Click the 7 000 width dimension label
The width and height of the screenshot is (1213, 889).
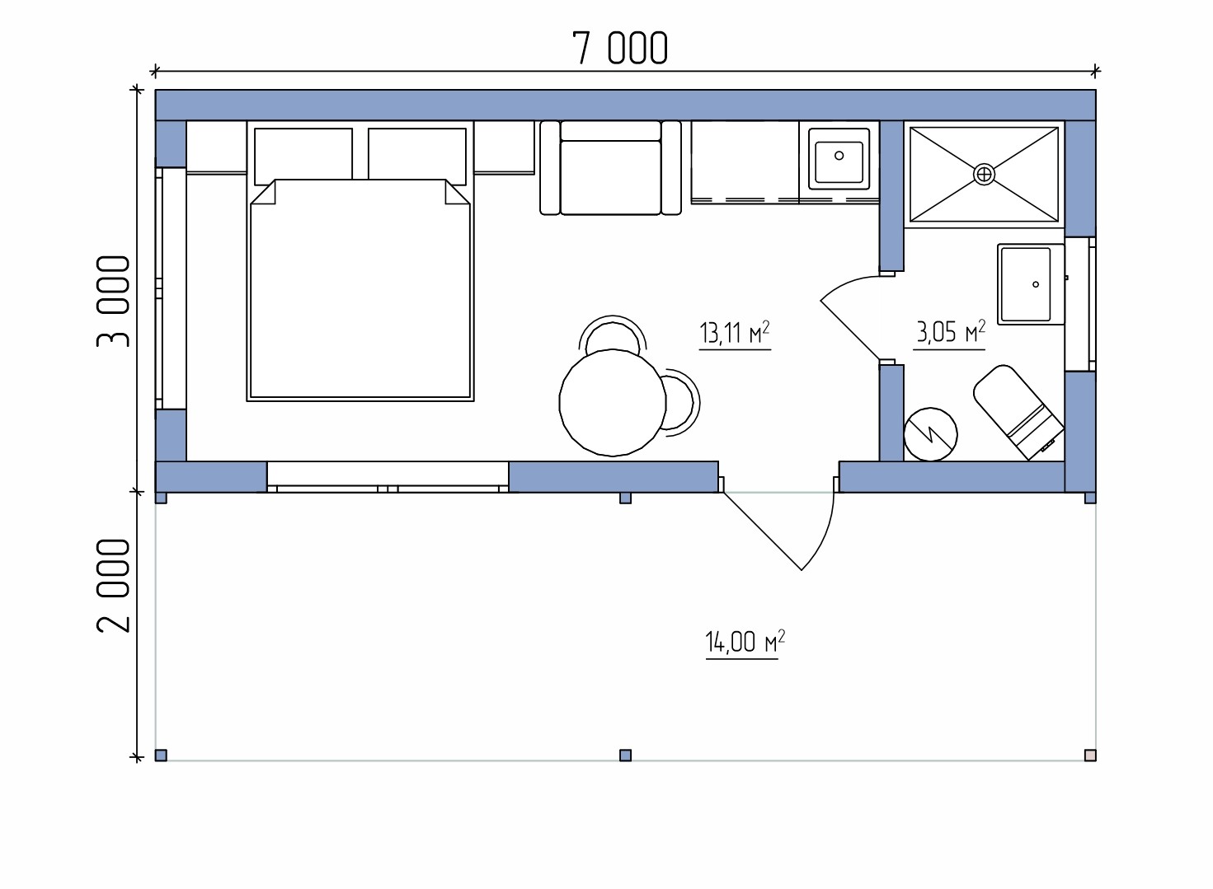(620, 48)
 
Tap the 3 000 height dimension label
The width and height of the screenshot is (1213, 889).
(113, 302)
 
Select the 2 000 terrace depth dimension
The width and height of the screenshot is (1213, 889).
(113, 586)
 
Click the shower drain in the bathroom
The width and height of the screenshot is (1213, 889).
(984, 174)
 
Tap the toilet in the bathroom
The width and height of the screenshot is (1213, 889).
(1018, 413)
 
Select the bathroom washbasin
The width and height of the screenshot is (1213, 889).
(1031, 284)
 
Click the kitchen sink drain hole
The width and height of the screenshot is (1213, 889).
(839, 156)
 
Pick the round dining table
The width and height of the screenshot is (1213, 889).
(613, 403)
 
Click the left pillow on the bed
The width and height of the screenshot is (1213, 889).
(303, 154)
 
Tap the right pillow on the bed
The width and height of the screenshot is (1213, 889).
(417, 154)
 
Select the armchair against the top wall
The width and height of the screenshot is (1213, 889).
(610, 168)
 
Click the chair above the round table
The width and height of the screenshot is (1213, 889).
(613, 334)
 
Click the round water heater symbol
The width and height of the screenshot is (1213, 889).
(930, 434)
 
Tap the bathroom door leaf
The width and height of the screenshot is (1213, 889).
(850, 330)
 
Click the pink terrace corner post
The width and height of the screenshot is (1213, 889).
(1090, 756)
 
